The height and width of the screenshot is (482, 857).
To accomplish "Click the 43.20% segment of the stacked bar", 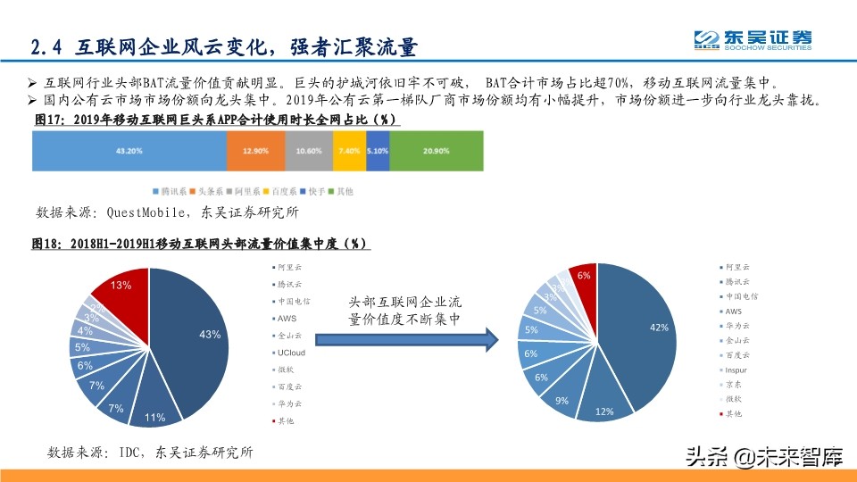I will (x=129, y=151).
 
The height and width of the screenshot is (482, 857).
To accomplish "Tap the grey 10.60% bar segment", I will (x=309, y=151).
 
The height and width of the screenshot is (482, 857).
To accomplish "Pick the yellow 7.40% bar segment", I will (x=349, y=151).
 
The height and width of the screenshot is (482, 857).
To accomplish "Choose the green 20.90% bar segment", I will (x=437, y=151).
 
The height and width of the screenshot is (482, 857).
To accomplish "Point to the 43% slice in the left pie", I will (x=196, y=339).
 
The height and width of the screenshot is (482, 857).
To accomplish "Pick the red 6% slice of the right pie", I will (x=582, y=278).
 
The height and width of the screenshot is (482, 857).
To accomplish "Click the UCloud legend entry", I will (x=293, y=353).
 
